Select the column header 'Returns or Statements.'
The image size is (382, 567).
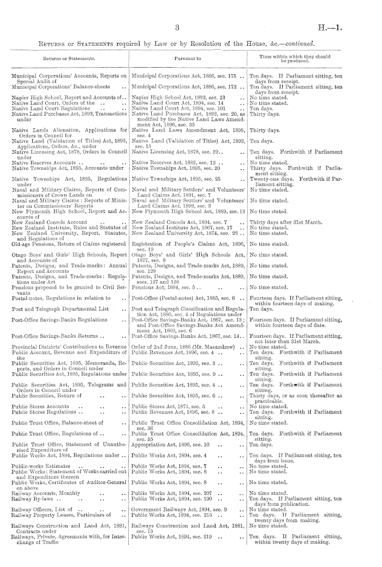pyautogui.click(x=69, y=56)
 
